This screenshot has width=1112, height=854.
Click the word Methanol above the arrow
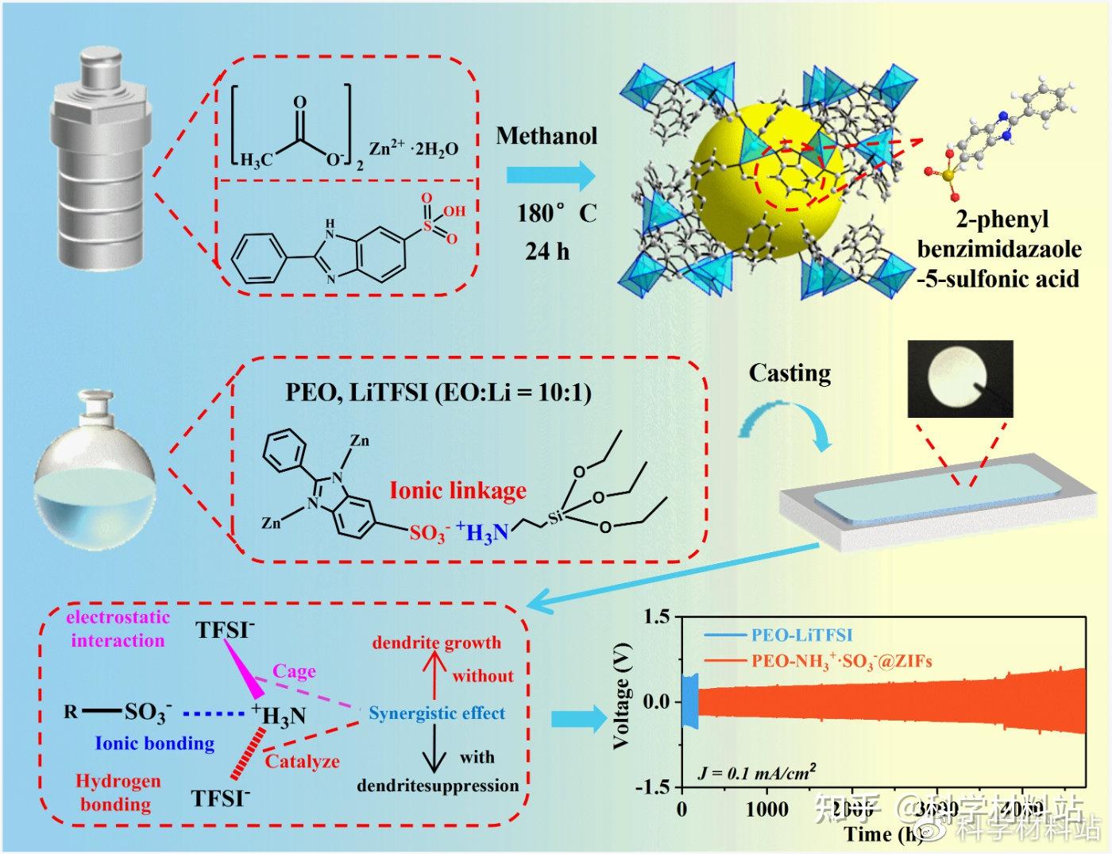pyautogui.click(x=546, y=136)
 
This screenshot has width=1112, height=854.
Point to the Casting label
pyautogui.click(x=790, y=373)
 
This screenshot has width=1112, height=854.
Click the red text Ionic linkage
pyautogui.click(x=458, y=490)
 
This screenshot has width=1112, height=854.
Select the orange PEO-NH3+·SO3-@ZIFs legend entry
pyautogui.click(x=841, y=659)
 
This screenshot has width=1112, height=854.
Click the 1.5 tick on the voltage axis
pyautogui.click(x=657, y=616)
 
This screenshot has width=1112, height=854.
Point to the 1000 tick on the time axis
pyautogui.click(x=767, y=810)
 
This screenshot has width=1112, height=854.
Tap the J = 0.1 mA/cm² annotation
pyautogui.click(x=757, y=771)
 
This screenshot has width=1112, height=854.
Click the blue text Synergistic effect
pyautogui.click(x=437, y=713)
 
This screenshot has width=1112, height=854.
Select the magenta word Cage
pyautogui.click(x=294, y=671)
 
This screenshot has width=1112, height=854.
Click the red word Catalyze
pyautogui.click(x=302, y=761)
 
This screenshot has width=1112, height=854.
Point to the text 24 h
pyautogui.click(x=546, y=251)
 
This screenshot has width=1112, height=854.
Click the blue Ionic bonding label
pyautogui.click(x=155, y=744)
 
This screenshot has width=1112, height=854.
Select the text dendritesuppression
pyautogui.click(x=438, y=786)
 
